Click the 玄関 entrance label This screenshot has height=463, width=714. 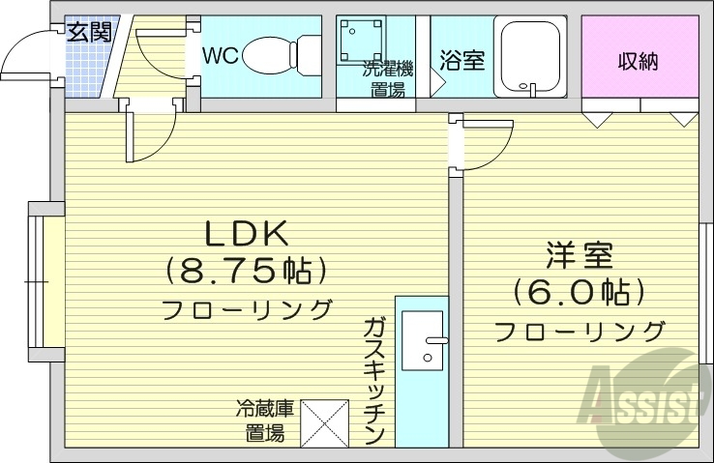tap(88, 31)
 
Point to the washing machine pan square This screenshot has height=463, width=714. tap(362, 42)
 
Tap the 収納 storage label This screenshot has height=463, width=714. tap(639, 61)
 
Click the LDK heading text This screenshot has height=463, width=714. tap(245, 234)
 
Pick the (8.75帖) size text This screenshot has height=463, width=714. tap(245, 272)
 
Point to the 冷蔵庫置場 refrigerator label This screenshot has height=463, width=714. tap(262, 420)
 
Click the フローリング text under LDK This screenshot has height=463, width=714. tap(246, 311)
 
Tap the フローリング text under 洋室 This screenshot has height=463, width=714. tap(580, 332)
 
